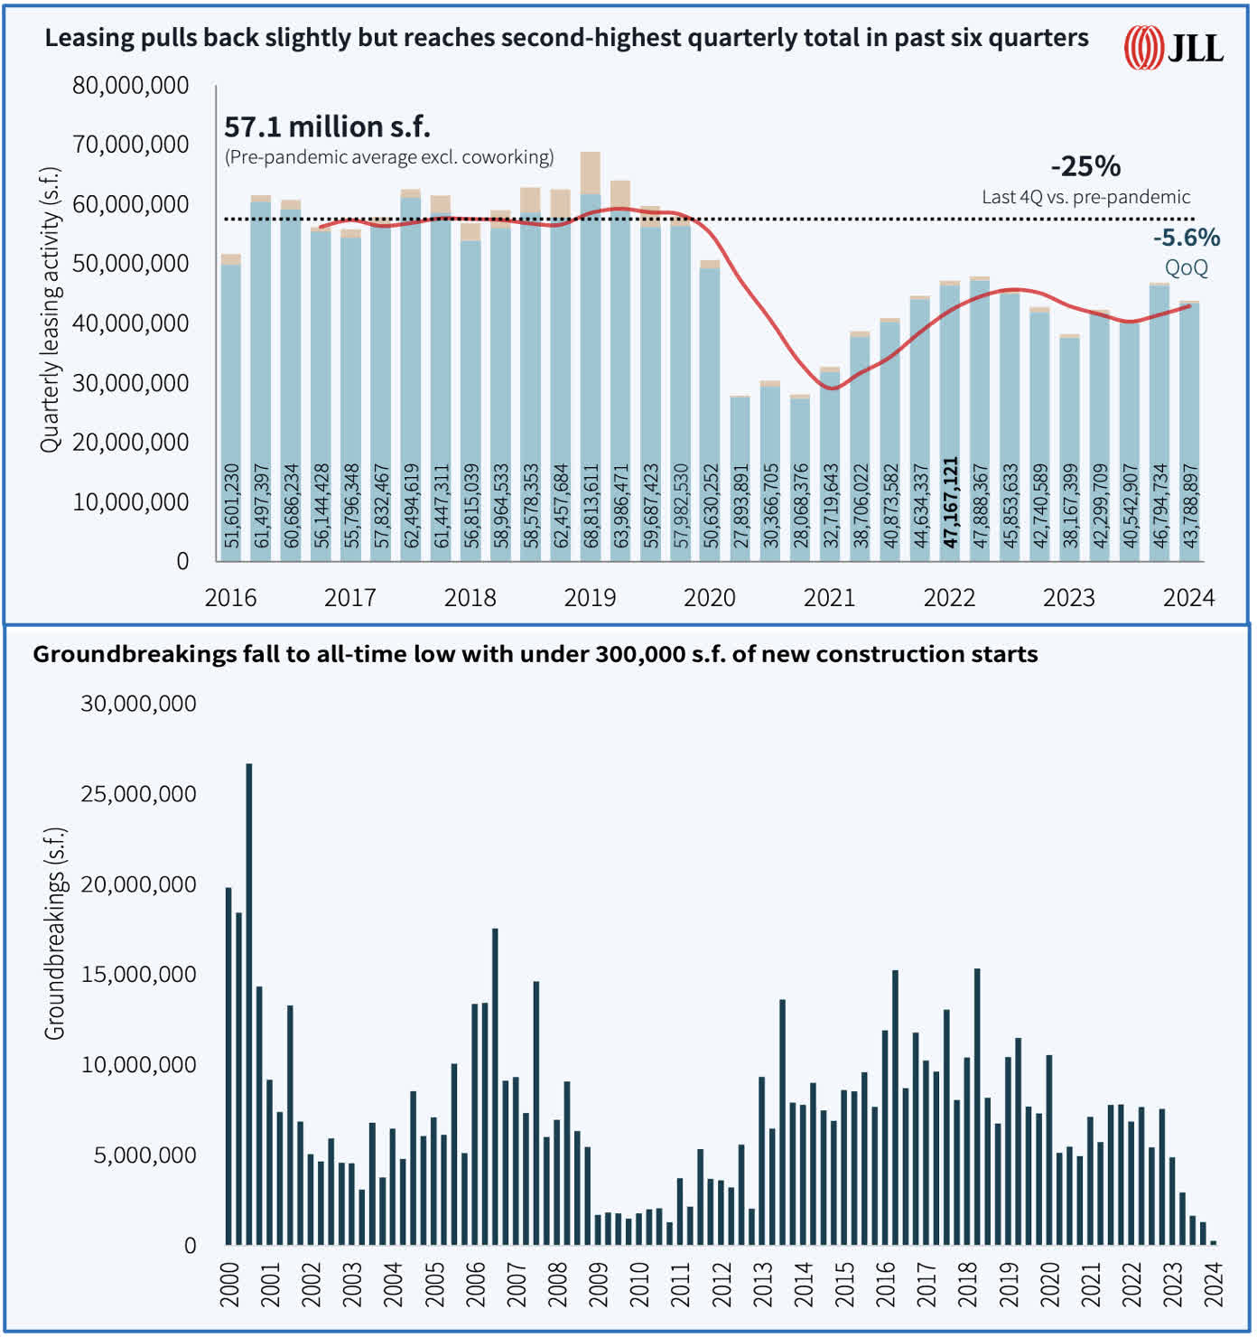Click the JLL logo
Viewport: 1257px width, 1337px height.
(1173, 47)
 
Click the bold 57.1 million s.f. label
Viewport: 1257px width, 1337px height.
(327, 126)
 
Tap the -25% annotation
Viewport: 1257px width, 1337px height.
(1085, 166)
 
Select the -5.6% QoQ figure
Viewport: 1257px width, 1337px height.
(1186, 238)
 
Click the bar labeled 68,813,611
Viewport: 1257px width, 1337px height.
(591, 361)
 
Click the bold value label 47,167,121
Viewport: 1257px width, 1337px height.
(950, 502)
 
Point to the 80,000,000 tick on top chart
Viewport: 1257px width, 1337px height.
(131, 86)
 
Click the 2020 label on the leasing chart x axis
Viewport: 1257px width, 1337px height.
(710, 598)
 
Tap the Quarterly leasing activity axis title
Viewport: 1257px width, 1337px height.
(50, 310)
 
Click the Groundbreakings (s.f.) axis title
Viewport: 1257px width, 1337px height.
(55, 932)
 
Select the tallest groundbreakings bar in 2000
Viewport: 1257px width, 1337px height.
(249, 1003)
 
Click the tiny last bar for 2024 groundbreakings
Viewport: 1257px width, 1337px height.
(1213, 1243)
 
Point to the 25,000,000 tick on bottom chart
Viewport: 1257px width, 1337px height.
(138, 794)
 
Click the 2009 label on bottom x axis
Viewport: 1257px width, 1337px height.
(599, 1285)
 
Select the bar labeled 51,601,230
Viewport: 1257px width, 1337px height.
(231, 407)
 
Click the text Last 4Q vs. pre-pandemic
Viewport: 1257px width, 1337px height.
(1085, 197)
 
